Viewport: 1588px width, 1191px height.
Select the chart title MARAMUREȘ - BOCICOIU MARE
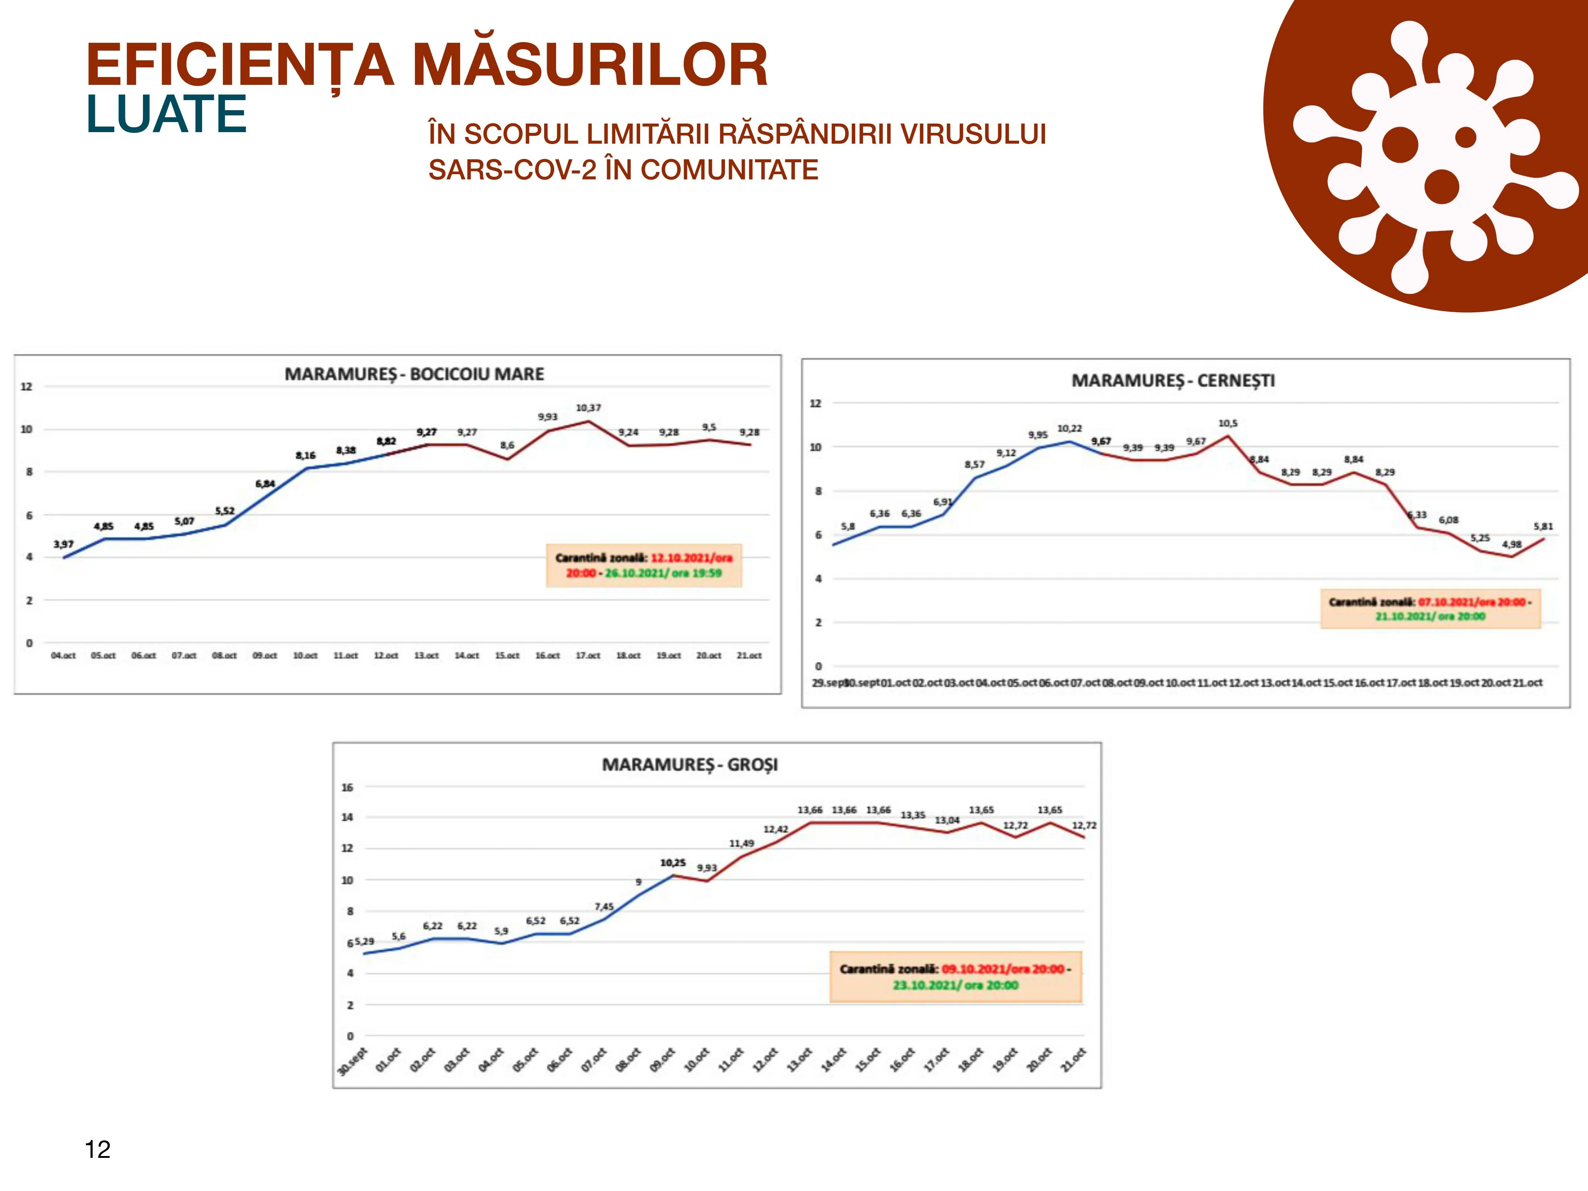point(414,374)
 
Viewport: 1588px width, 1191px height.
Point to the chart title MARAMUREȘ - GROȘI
point(689,764)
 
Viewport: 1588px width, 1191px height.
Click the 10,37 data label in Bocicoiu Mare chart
point(588,408)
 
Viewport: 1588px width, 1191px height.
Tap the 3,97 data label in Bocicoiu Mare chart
point(63,544)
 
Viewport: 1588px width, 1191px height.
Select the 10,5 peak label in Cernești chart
point(1228,424)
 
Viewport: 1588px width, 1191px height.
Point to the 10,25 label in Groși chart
point(672,863)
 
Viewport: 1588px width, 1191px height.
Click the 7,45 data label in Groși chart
point(604,907)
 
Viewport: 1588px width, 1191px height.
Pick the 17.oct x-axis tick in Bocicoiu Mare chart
point(588,655)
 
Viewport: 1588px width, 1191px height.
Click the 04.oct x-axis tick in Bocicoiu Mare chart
point(63,655)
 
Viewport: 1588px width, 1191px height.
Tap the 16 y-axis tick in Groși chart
point(348,788)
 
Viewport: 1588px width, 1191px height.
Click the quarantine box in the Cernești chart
point(1430,609)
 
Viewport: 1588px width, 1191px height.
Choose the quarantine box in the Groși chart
point(955,977)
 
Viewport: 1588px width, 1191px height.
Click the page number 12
point(98,1149)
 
